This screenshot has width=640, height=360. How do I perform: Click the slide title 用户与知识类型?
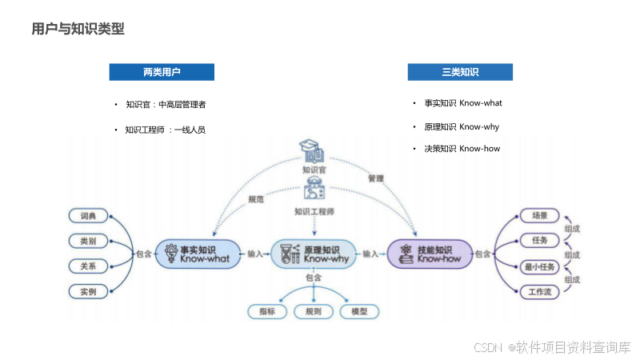[x=78, y=30]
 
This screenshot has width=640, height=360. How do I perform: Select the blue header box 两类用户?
[x=162, y=72]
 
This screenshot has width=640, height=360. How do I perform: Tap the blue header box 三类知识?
[x=460, y=72]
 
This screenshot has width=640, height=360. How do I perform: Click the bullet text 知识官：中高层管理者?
[x=166, y=104]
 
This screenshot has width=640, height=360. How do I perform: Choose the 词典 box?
[x=88, y=216]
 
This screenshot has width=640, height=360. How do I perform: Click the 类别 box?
[x=88, y=241]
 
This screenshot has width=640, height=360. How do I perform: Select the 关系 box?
[x=88, y=266]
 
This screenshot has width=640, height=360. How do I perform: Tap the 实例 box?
[x=88, y=291]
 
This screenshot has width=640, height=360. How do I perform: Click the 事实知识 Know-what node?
[x=197, y=254]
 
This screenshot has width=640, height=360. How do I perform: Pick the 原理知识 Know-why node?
[x=314, y=254]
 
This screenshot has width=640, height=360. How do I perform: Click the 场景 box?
[x=539, y=215]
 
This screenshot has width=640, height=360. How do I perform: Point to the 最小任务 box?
[x=539, y=266]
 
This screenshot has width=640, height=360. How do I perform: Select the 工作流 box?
[x=539, y=292]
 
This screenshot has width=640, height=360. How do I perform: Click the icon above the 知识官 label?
[x=312, y=151]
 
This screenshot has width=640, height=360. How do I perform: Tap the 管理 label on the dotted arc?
[x=376, y=178]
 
